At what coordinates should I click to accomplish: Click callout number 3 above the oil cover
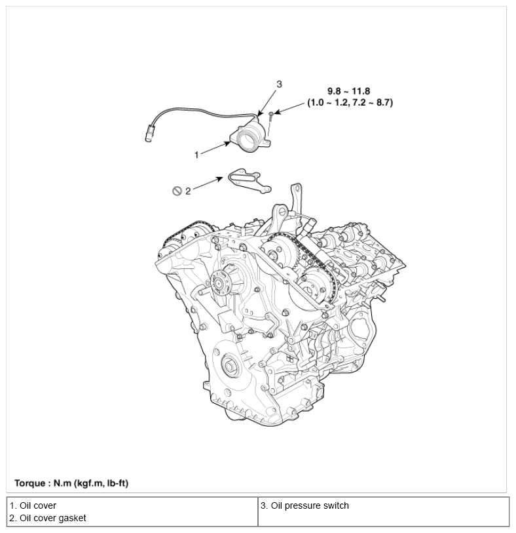279,84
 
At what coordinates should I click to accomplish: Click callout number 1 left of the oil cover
196,155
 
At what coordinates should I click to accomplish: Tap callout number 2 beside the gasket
188,191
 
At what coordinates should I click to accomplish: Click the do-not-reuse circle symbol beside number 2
176,191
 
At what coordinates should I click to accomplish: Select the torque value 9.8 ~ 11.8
349,91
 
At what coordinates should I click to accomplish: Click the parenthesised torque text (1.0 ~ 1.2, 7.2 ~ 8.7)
350,103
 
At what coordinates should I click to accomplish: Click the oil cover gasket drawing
249,180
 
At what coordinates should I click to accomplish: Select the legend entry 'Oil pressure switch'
304,505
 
